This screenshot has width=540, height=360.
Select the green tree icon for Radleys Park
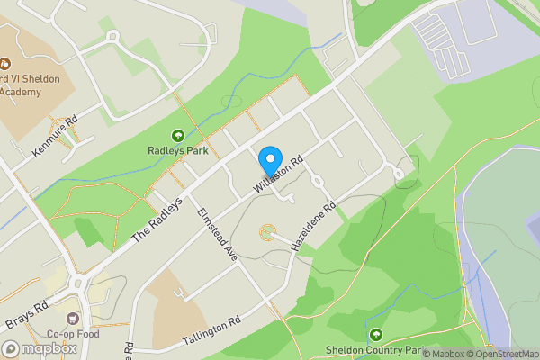[177, 135]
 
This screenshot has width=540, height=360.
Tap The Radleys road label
[158, 219]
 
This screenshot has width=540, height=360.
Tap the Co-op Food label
[73, 334]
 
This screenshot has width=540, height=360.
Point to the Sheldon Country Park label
[375, 349]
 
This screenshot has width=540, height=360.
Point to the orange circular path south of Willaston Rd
[267, 233]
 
